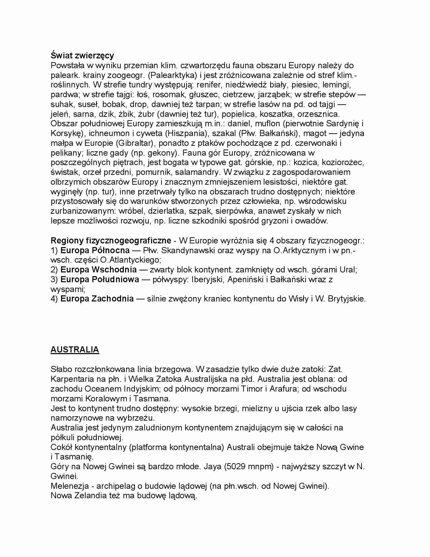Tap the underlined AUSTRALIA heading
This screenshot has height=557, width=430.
(x=75, y=350)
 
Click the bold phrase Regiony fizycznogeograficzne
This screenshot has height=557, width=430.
(x=111, y=241)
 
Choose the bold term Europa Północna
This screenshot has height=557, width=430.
(x=95, y=250)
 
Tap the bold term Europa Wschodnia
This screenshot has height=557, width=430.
(x=98, y=270)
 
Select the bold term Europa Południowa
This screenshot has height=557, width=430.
(x=100, y=280)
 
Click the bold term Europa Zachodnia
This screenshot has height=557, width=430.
(x=97, y=299)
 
